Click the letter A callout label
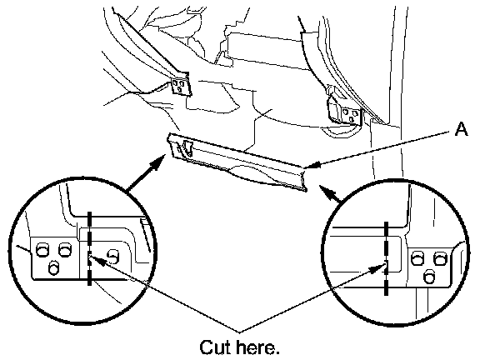[462, 129]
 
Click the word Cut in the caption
[217, 347]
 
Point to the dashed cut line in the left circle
[89, 248]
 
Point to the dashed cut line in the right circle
[386, 258]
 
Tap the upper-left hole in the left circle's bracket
[42, 249]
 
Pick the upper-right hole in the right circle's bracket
[440, 257]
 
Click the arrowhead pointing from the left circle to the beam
[158, 162]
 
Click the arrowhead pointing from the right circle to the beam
[326, 191]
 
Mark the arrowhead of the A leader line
[312, 166]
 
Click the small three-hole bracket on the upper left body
[180, 85]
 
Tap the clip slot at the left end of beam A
[187, 147]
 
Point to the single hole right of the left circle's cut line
[113, 256]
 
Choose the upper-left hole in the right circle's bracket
[417, 257]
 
